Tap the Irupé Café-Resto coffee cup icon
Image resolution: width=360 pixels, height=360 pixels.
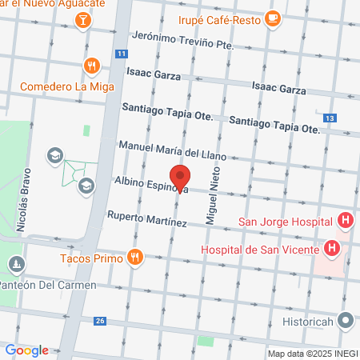point(273,18)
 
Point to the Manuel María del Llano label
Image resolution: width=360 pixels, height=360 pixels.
point(172,150)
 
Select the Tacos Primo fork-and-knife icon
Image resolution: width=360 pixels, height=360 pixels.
point(135,258)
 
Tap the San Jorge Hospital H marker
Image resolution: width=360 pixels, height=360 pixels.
point(346,220)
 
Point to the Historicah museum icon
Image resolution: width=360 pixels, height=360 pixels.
point(346,321)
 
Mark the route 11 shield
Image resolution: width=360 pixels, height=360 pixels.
point(121,54)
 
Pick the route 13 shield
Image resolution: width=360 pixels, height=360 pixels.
point(330,118)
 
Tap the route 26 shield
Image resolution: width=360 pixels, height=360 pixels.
point(99,321)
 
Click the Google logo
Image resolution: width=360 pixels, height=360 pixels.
point(26,350)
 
